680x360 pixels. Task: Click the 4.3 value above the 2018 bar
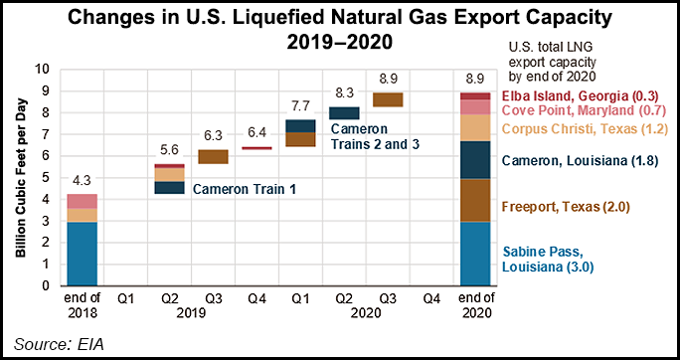click(x=83, y=182)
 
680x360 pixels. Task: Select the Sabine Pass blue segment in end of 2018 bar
click(x=83, y=254)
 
